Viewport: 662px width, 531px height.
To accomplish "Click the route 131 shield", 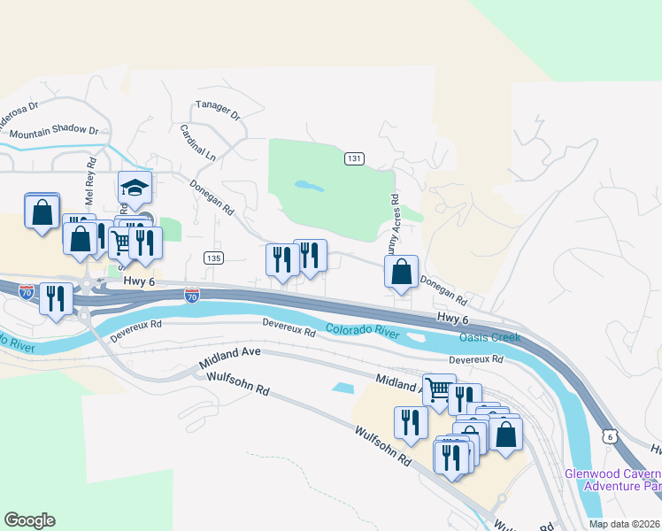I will click(x=354, y=158).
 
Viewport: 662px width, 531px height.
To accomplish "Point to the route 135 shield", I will click(x=212, y=258).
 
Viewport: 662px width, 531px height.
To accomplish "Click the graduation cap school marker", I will click(x=135, y=188).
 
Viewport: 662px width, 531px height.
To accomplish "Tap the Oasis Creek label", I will click(x=489, y=338).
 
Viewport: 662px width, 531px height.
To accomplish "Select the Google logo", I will click(x=29, y=520).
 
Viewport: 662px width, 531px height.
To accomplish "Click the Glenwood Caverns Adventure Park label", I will click(x=612, y=479).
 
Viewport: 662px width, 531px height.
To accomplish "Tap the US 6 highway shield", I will click(x=608, y=436).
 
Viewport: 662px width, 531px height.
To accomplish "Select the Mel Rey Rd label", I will click(x=91, y=175).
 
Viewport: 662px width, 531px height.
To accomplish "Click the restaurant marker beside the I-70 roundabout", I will click(x=57, y=299).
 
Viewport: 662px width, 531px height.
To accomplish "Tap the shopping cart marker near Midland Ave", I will click(x=438, y=389).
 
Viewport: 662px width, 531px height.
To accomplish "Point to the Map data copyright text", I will click(x=624, y=524).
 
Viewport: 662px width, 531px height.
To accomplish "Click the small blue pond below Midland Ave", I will click(x=342, y=388).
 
